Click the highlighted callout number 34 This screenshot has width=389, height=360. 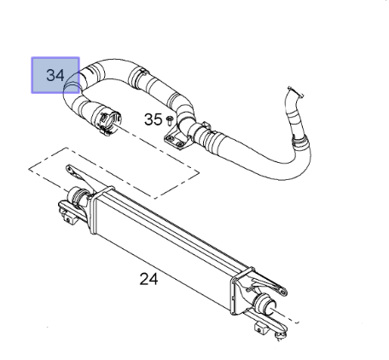(x=55, y=76)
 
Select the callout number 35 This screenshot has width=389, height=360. (x=154, y=119)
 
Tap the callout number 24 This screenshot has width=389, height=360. (x=148, y=279)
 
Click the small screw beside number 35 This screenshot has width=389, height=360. (x=170, y=120)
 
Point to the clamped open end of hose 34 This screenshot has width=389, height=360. (x=110, y=122)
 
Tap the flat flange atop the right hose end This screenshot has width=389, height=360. (x=295, y=92)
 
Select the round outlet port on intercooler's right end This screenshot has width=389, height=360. (x=265, y=304)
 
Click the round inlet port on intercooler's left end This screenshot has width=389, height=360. (x=77, y=196)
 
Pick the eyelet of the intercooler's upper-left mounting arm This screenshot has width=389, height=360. (x=69, y=168)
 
